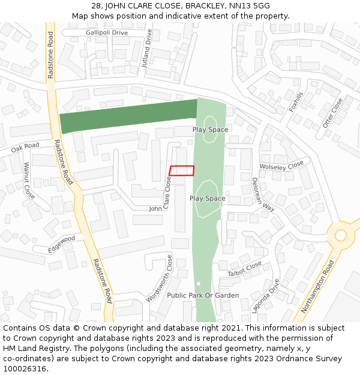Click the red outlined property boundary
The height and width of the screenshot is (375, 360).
click(x=182, y=170)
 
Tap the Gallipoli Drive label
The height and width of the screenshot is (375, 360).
click(x=107, y=32)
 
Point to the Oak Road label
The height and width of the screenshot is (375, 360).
click(x=25, y=146)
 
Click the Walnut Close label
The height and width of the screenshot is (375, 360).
click(x=28, y=180)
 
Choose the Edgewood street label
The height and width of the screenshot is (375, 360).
click(x=62, y=244)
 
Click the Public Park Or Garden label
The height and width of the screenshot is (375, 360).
click(x=203, y=295)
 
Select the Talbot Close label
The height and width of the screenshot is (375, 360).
click(x=244, y=269)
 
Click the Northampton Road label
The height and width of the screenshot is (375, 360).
click(x=317, y=287)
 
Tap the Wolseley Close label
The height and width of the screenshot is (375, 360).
click(x=281, y=166)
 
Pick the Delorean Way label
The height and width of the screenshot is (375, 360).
click(x=263, y=194)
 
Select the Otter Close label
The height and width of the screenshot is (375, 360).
click(x=332, y=112)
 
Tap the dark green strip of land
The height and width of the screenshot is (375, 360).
click(x=128, y=115)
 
